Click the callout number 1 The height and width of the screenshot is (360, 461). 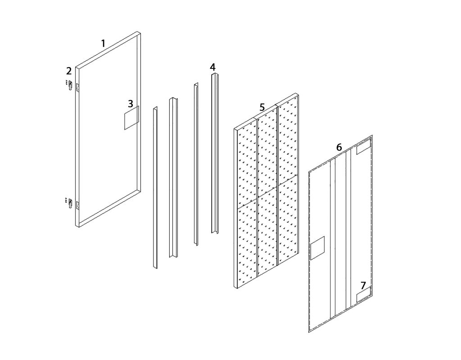(x=103, y=44)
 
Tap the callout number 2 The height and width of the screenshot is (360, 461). (x=69, y=71)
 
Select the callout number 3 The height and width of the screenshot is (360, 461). (x=131, y=104)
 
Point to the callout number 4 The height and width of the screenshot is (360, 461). (x=212, y=67)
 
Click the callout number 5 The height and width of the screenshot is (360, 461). (x=262, y=107)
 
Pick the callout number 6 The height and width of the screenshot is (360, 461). (x=339, y=147)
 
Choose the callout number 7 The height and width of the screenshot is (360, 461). (x=363, y=286)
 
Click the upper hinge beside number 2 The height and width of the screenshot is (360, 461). (x=70, y=86)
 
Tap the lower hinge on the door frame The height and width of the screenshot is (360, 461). (x=70, y=203)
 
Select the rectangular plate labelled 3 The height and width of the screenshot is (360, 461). (x=131, y=118)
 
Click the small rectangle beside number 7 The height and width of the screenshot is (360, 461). (x=364, y=296)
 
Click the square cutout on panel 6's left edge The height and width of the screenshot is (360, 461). (x=317, y=248)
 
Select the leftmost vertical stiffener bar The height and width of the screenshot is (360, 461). (x=155, y=187)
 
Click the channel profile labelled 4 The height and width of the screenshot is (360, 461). (x=215, y=153)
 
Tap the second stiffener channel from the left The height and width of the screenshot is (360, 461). (x=173, y=177)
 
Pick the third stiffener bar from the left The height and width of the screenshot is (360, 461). (x=196, y=164)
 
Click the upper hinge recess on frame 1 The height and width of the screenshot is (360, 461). (x=78, y=88)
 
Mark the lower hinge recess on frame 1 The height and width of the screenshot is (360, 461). (x=78, y=205)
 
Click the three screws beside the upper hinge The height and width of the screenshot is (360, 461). (x=67, y=82)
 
